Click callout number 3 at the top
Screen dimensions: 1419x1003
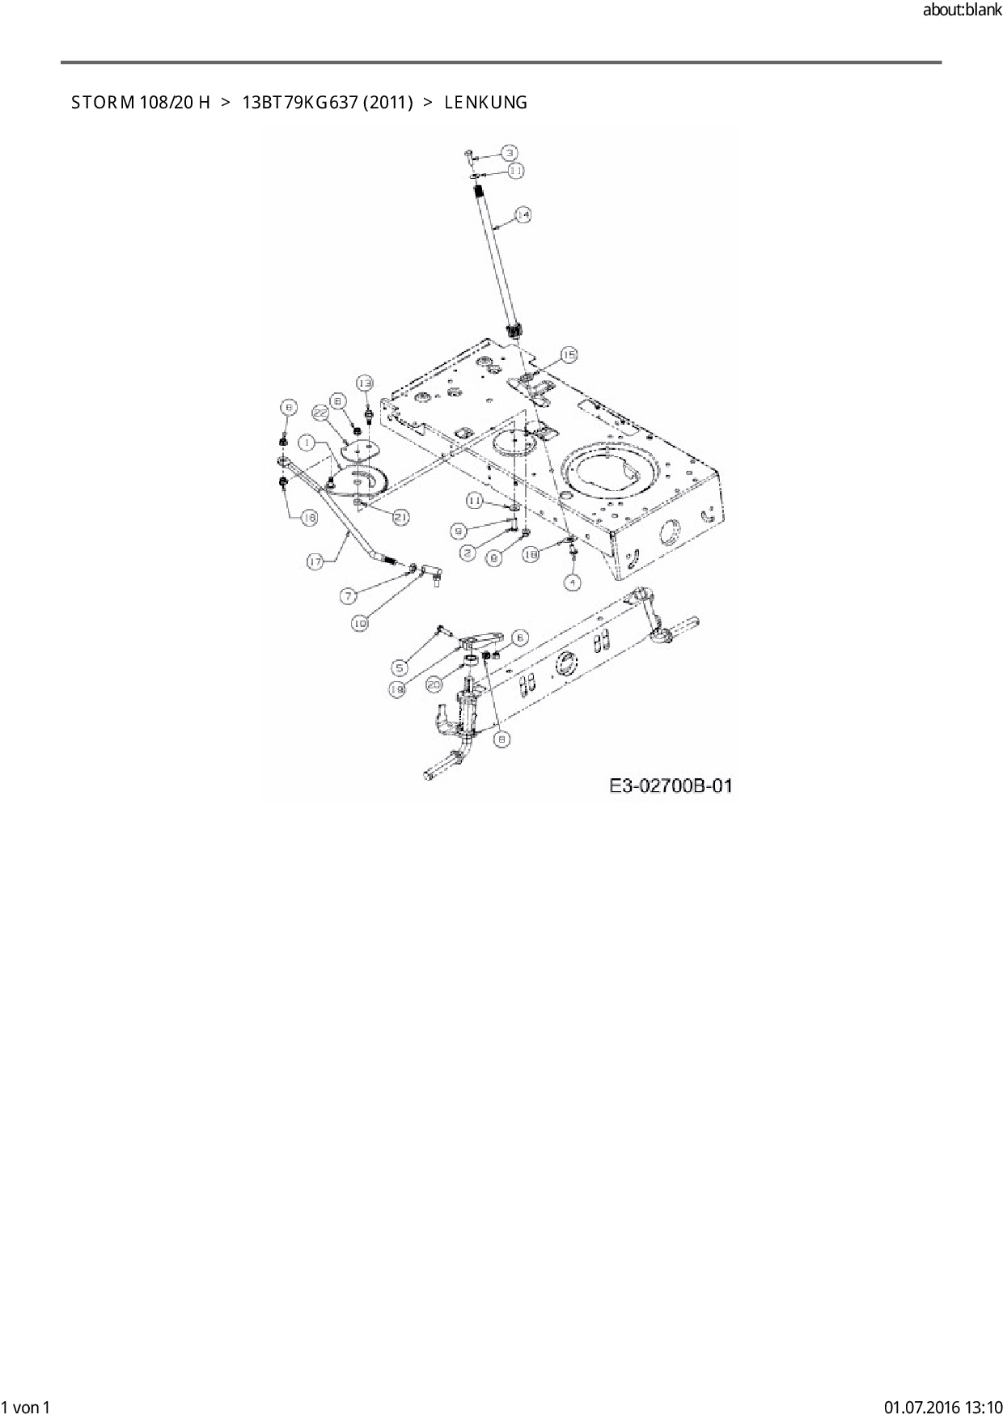509,153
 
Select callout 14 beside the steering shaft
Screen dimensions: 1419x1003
523,215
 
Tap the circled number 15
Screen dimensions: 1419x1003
569,354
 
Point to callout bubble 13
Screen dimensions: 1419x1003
366,382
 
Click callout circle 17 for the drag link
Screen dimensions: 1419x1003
316,560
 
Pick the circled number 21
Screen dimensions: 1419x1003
400,517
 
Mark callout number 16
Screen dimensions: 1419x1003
309,519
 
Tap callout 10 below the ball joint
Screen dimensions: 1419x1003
360,623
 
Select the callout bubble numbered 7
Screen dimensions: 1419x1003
348,596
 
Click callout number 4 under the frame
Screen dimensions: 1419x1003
572,582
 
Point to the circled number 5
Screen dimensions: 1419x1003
400,667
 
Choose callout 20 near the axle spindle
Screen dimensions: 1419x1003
434,684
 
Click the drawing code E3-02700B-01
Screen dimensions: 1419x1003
671,785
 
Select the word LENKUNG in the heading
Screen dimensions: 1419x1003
485,103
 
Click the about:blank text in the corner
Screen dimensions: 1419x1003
962,11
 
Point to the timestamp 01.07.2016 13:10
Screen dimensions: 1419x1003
942,1407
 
